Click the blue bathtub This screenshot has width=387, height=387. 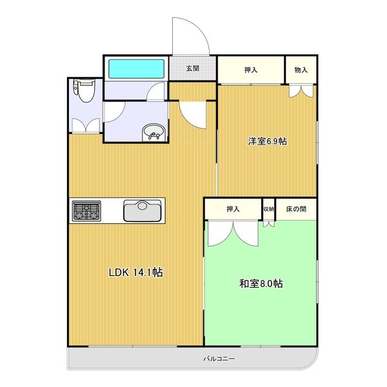pos(135,68)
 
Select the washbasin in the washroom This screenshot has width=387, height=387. pos(154,132)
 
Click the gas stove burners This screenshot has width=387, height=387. pos(86,210)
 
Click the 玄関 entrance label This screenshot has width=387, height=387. pos(193,68)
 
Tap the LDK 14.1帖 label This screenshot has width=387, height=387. pos(135,272)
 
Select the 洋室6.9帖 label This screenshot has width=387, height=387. pos(268,141)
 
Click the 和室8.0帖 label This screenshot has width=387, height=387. pos(261,284)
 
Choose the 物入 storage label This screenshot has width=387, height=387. pos(301,70)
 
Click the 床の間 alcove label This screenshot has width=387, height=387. pos(296,209)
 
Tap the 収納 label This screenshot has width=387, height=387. pos(268,209)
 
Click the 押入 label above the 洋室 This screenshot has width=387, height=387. pos(251,70)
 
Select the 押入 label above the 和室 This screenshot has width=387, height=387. pos(233,209)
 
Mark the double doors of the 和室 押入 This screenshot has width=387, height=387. pos(233,232)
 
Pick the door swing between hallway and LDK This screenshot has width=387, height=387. pos(192,113)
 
